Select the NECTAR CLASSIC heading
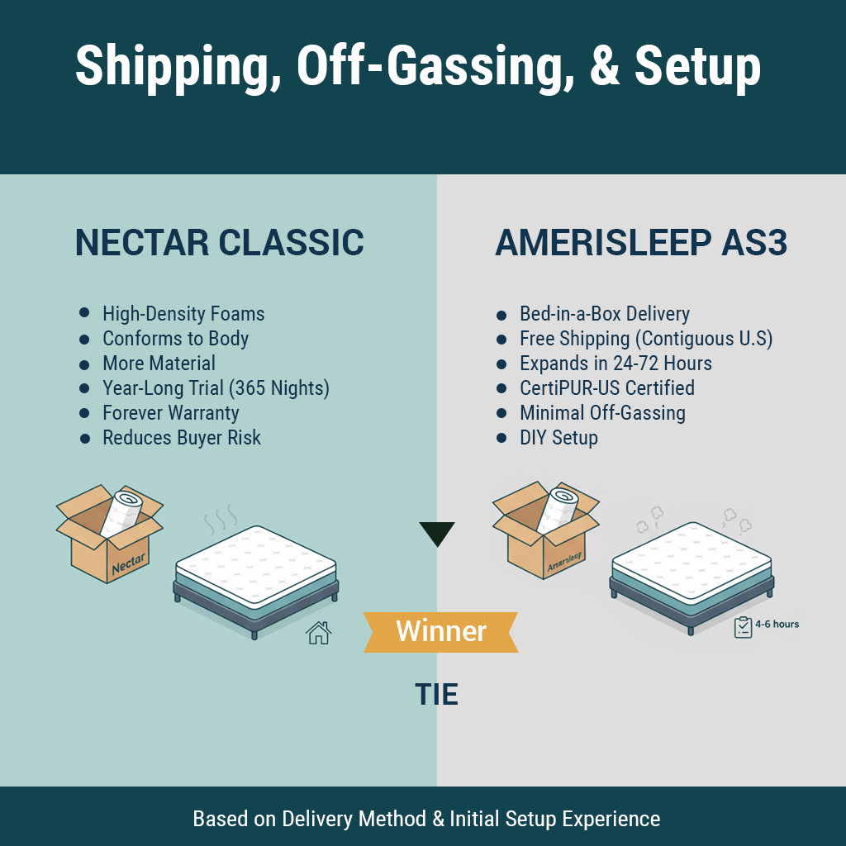(219, 243)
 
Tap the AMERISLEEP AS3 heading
(641, 243)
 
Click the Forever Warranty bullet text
(170, 413)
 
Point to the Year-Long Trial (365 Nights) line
(216, 388)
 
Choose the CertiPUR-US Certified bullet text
(606, 388)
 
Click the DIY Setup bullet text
(558, 438)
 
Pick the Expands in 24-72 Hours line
(615, 364)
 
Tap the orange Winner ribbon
(441, 632)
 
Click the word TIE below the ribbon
(436, 695)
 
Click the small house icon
(318, 633)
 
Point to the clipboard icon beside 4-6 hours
(743, 627)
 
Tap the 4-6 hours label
(777, 625)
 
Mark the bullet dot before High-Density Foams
(84, 314)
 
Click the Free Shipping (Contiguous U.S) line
(645, 339)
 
